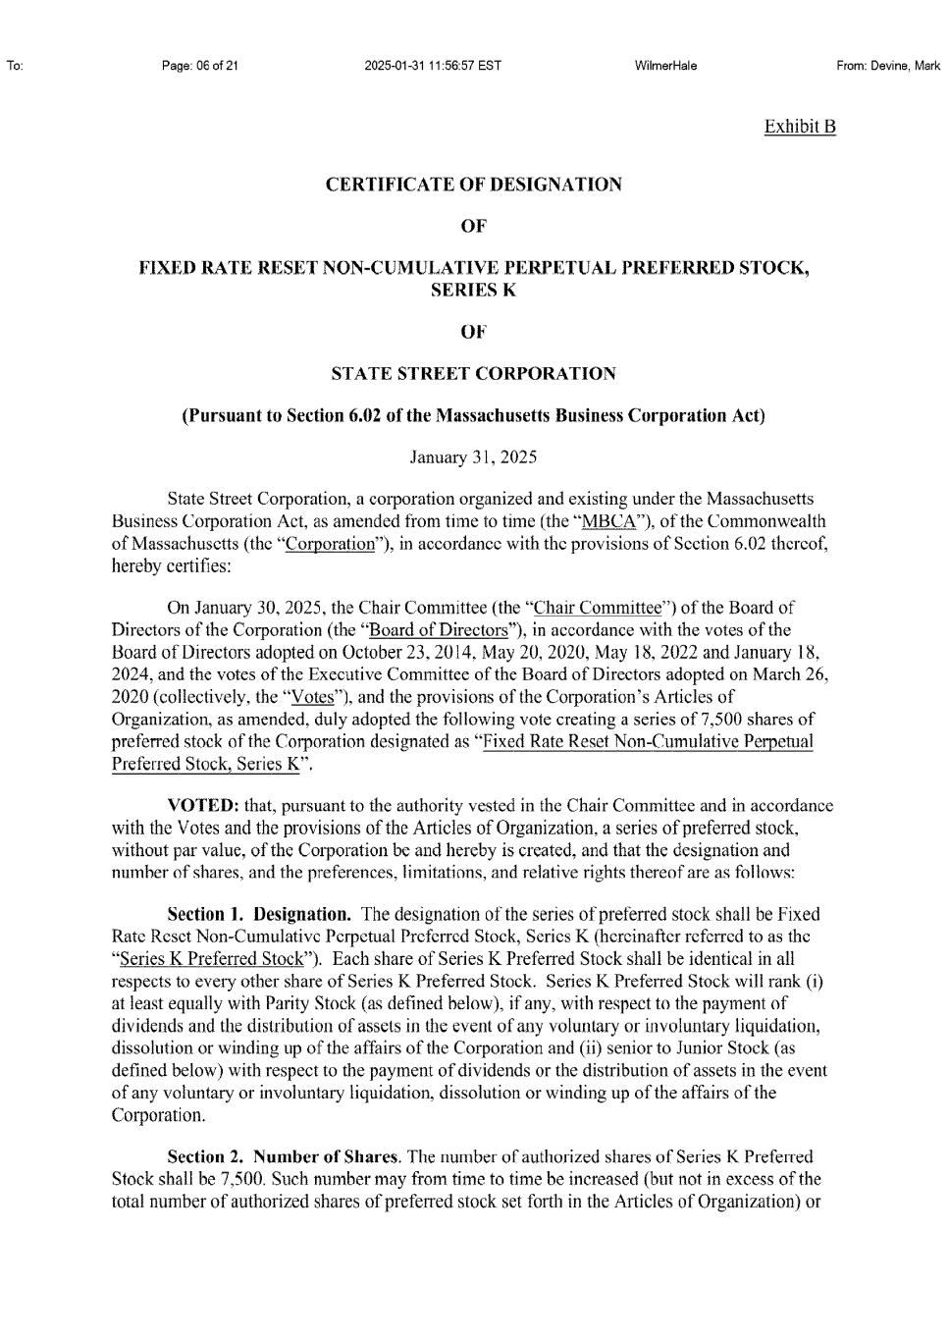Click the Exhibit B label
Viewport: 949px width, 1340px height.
tap(800, 127)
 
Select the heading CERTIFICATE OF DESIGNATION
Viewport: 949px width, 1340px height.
tap(473, 185)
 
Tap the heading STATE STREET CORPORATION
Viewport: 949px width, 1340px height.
tap(473, 374)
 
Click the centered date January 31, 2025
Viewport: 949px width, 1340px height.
tap(473, 457)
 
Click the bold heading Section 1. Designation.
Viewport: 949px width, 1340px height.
tap(258, 915)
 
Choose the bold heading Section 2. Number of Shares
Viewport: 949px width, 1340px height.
tap(284, 1157)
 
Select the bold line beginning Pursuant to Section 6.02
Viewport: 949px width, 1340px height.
tap(473, 415)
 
